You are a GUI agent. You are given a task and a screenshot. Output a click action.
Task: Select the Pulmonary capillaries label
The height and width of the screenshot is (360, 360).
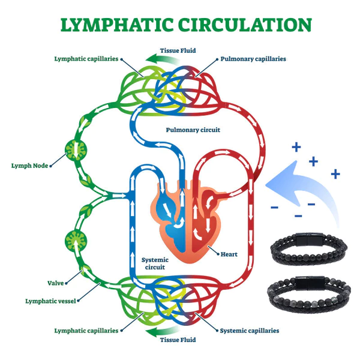(253, 59)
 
